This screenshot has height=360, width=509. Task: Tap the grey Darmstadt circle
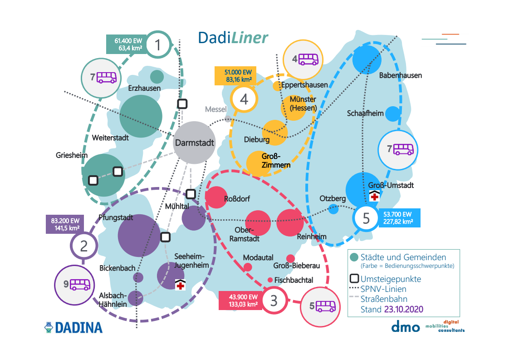[x=194, y=143]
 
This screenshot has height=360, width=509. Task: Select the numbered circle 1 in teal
[x=158, y=45]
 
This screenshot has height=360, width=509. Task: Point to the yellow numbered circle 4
[x=244, y=99]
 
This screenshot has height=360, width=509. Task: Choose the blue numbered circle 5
[x=367, y=218]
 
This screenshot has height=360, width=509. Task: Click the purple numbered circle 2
[x=84, y=246]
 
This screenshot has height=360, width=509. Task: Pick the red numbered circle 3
[x=274, y=300]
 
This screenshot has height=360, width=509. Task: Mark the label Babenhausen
[x=401, y=75]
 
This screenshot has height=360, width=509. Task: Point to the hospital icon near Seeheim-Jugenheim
[x=181, y=285]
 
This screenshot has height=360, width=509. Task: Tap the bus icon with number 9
[x=80, y=285]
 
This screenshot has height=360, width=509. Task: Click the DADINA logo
[x=73, y=327]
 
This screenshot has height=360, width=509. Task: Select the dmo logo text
[x=405, y=326]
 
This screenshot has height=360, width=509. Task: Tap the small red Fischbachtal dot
[x=270, y=280]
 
